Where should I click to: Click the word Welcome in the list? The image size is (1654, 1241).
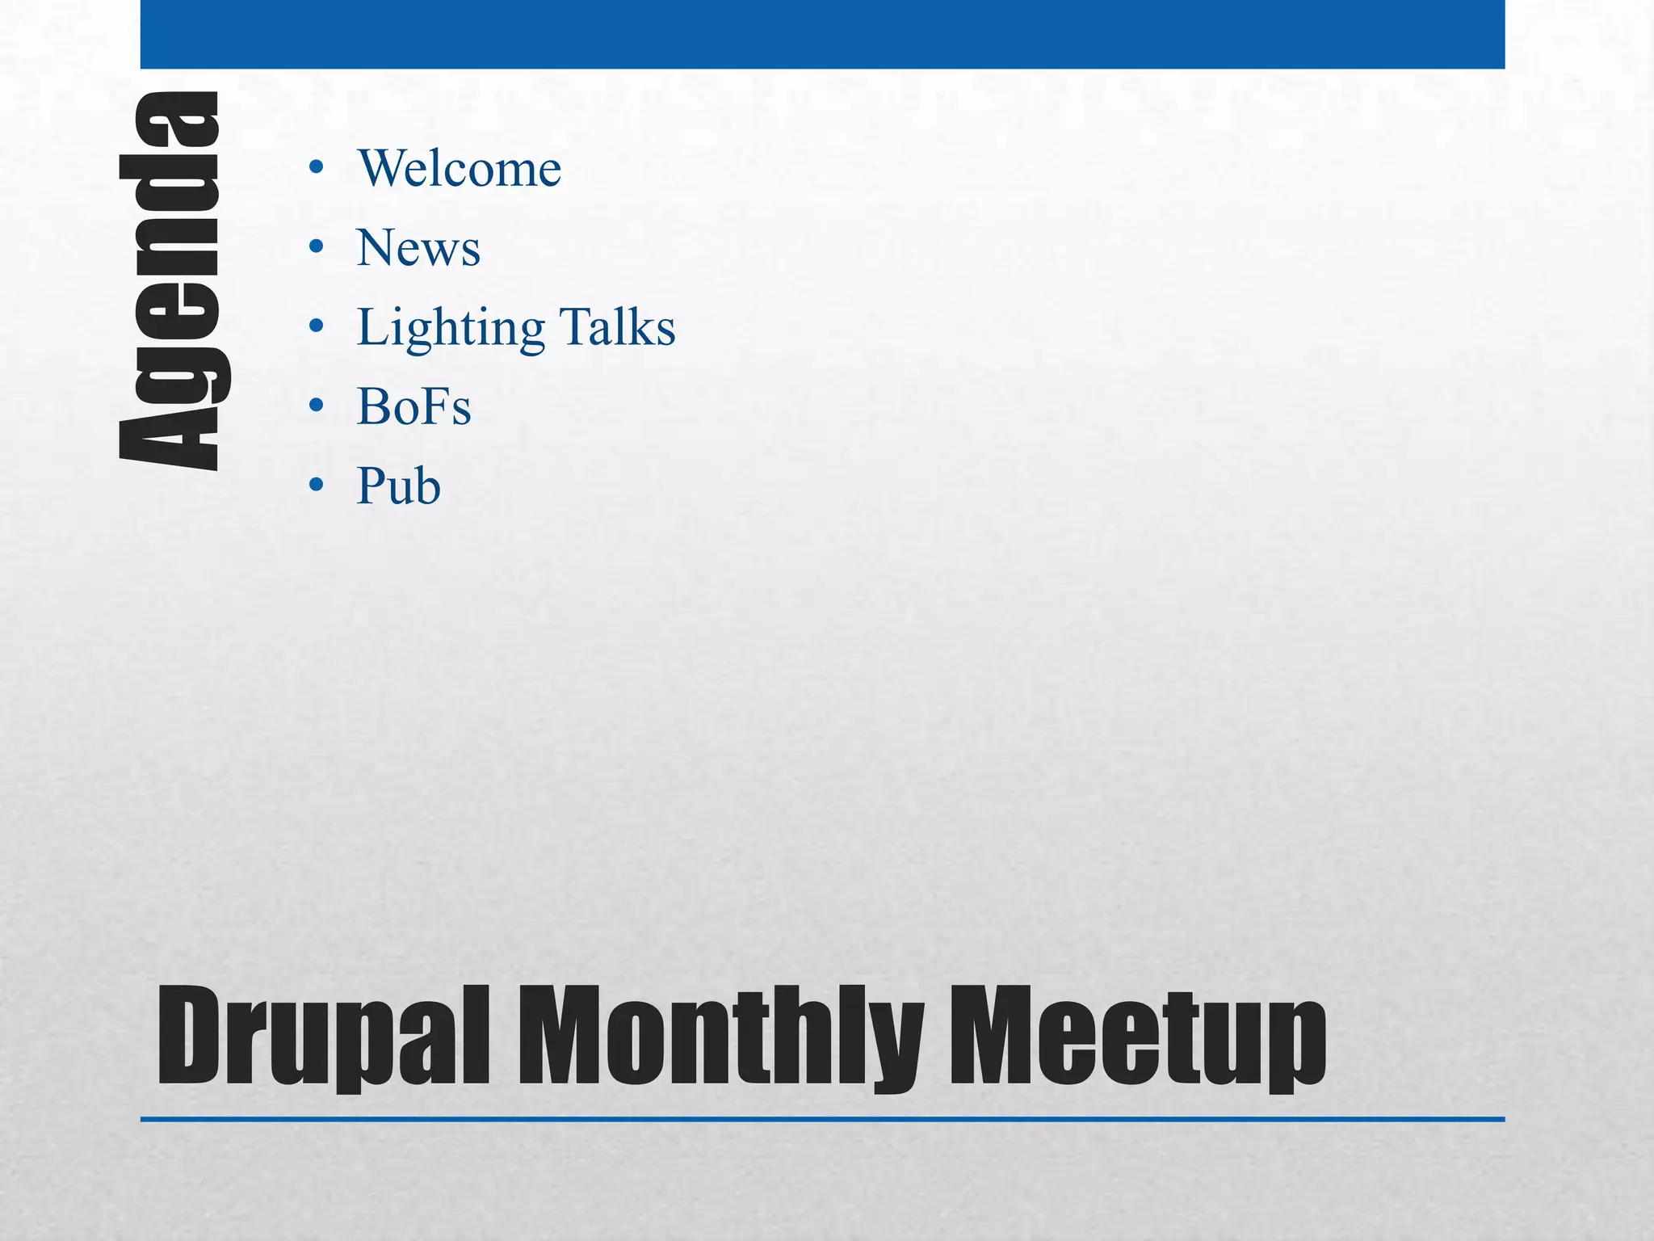459,169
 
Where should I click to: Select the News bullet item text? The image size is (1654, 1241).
418,248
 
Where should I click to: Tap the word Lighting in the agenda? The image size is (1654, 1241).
451,329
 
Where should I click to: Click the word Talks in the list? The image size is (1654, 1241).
618,327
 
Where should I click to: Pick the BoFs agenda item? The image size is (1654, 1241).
413,406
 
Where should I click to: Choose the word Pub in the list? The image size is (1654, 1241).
398,486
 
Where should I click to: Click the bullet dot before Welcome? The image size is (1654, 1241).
317,168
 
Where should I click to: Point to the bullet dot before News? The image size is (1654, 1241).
317,246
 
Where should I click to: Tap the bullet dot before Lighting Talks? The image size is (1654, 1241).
317,326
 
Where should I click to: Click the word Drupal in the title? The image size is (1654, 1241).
323,1037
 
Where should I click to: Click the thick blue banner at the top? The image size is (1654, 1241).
822,34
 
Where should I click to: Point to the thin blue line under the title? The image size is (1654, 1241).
822,1120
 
